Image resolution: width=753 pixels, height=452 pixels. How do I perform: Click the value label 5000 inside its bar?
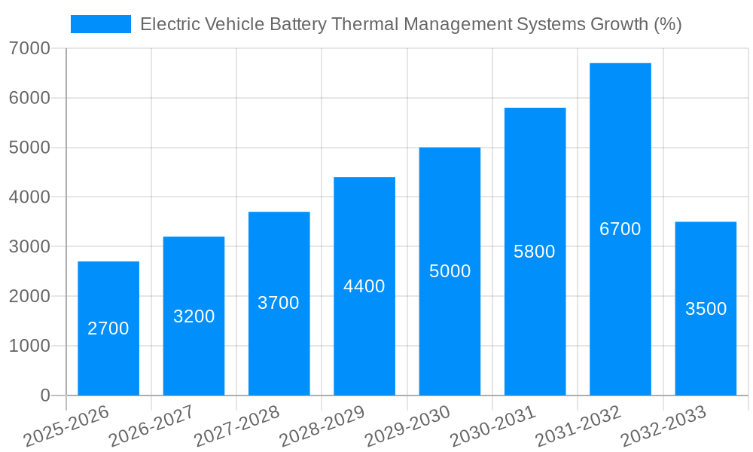(450, 271)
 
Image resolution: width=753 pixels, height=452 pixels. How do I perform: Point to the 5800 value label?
(535, 252)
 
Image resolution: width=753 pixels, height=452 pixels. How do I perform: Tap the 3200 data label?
(194, 316)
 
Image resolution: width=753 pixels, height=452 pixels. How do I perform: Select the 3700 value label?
(279, 303)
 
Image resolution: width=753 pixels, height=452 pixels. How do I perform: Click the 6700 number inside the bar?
(620, 229)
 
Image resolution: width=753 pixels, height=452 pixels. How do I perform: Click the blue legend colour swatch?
(100, 24)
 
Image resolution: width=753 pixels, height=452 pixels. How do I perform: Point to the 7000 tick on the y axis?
(30, 48)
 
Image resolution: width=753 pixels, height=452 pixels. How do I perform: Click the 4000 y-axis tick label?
(30, 197)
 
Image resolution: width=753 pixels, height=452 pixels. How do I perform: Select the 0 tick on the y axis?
(45, 395)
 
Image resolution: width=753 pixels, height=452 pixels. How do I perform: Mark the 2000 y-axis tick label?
(30, 296)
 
